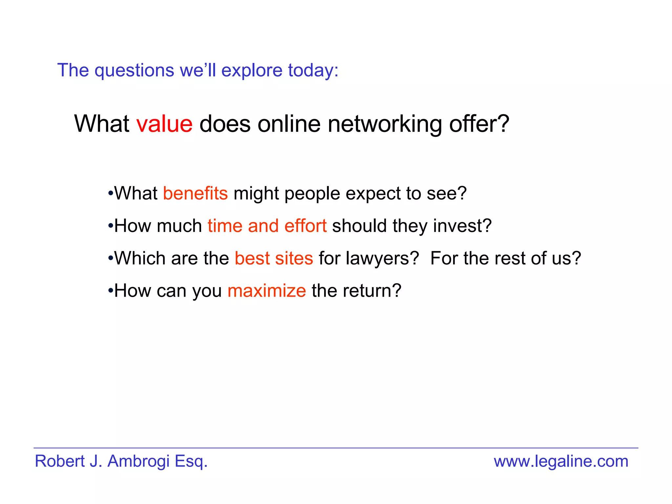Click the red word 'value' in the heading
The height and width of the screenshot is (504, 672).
pos(164,124)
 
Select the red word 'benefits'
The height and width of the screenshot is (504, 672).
pos(195,193)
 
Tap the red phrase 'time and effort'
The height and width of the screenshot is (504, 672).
pos(267,226)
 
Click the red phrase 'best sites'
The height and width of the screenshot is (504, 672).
pos(274,258)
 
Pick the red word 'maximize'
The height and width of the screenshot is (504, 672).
pos(266,291)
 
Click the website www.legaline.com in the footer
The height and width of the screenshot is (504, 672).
pos(561,461)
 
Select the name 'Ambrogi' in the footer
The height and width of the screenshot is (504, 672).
pos(138,461)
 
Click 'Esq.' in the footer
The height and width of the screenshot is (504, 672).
pos(191,461)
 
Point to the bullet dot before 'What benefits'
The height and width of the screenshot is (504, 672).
pos(111,194)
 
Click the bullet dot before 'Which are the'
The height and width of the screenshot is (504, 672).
pos(111,259)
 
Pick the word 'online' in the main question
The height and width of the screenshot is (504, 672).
pos(289,124)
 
